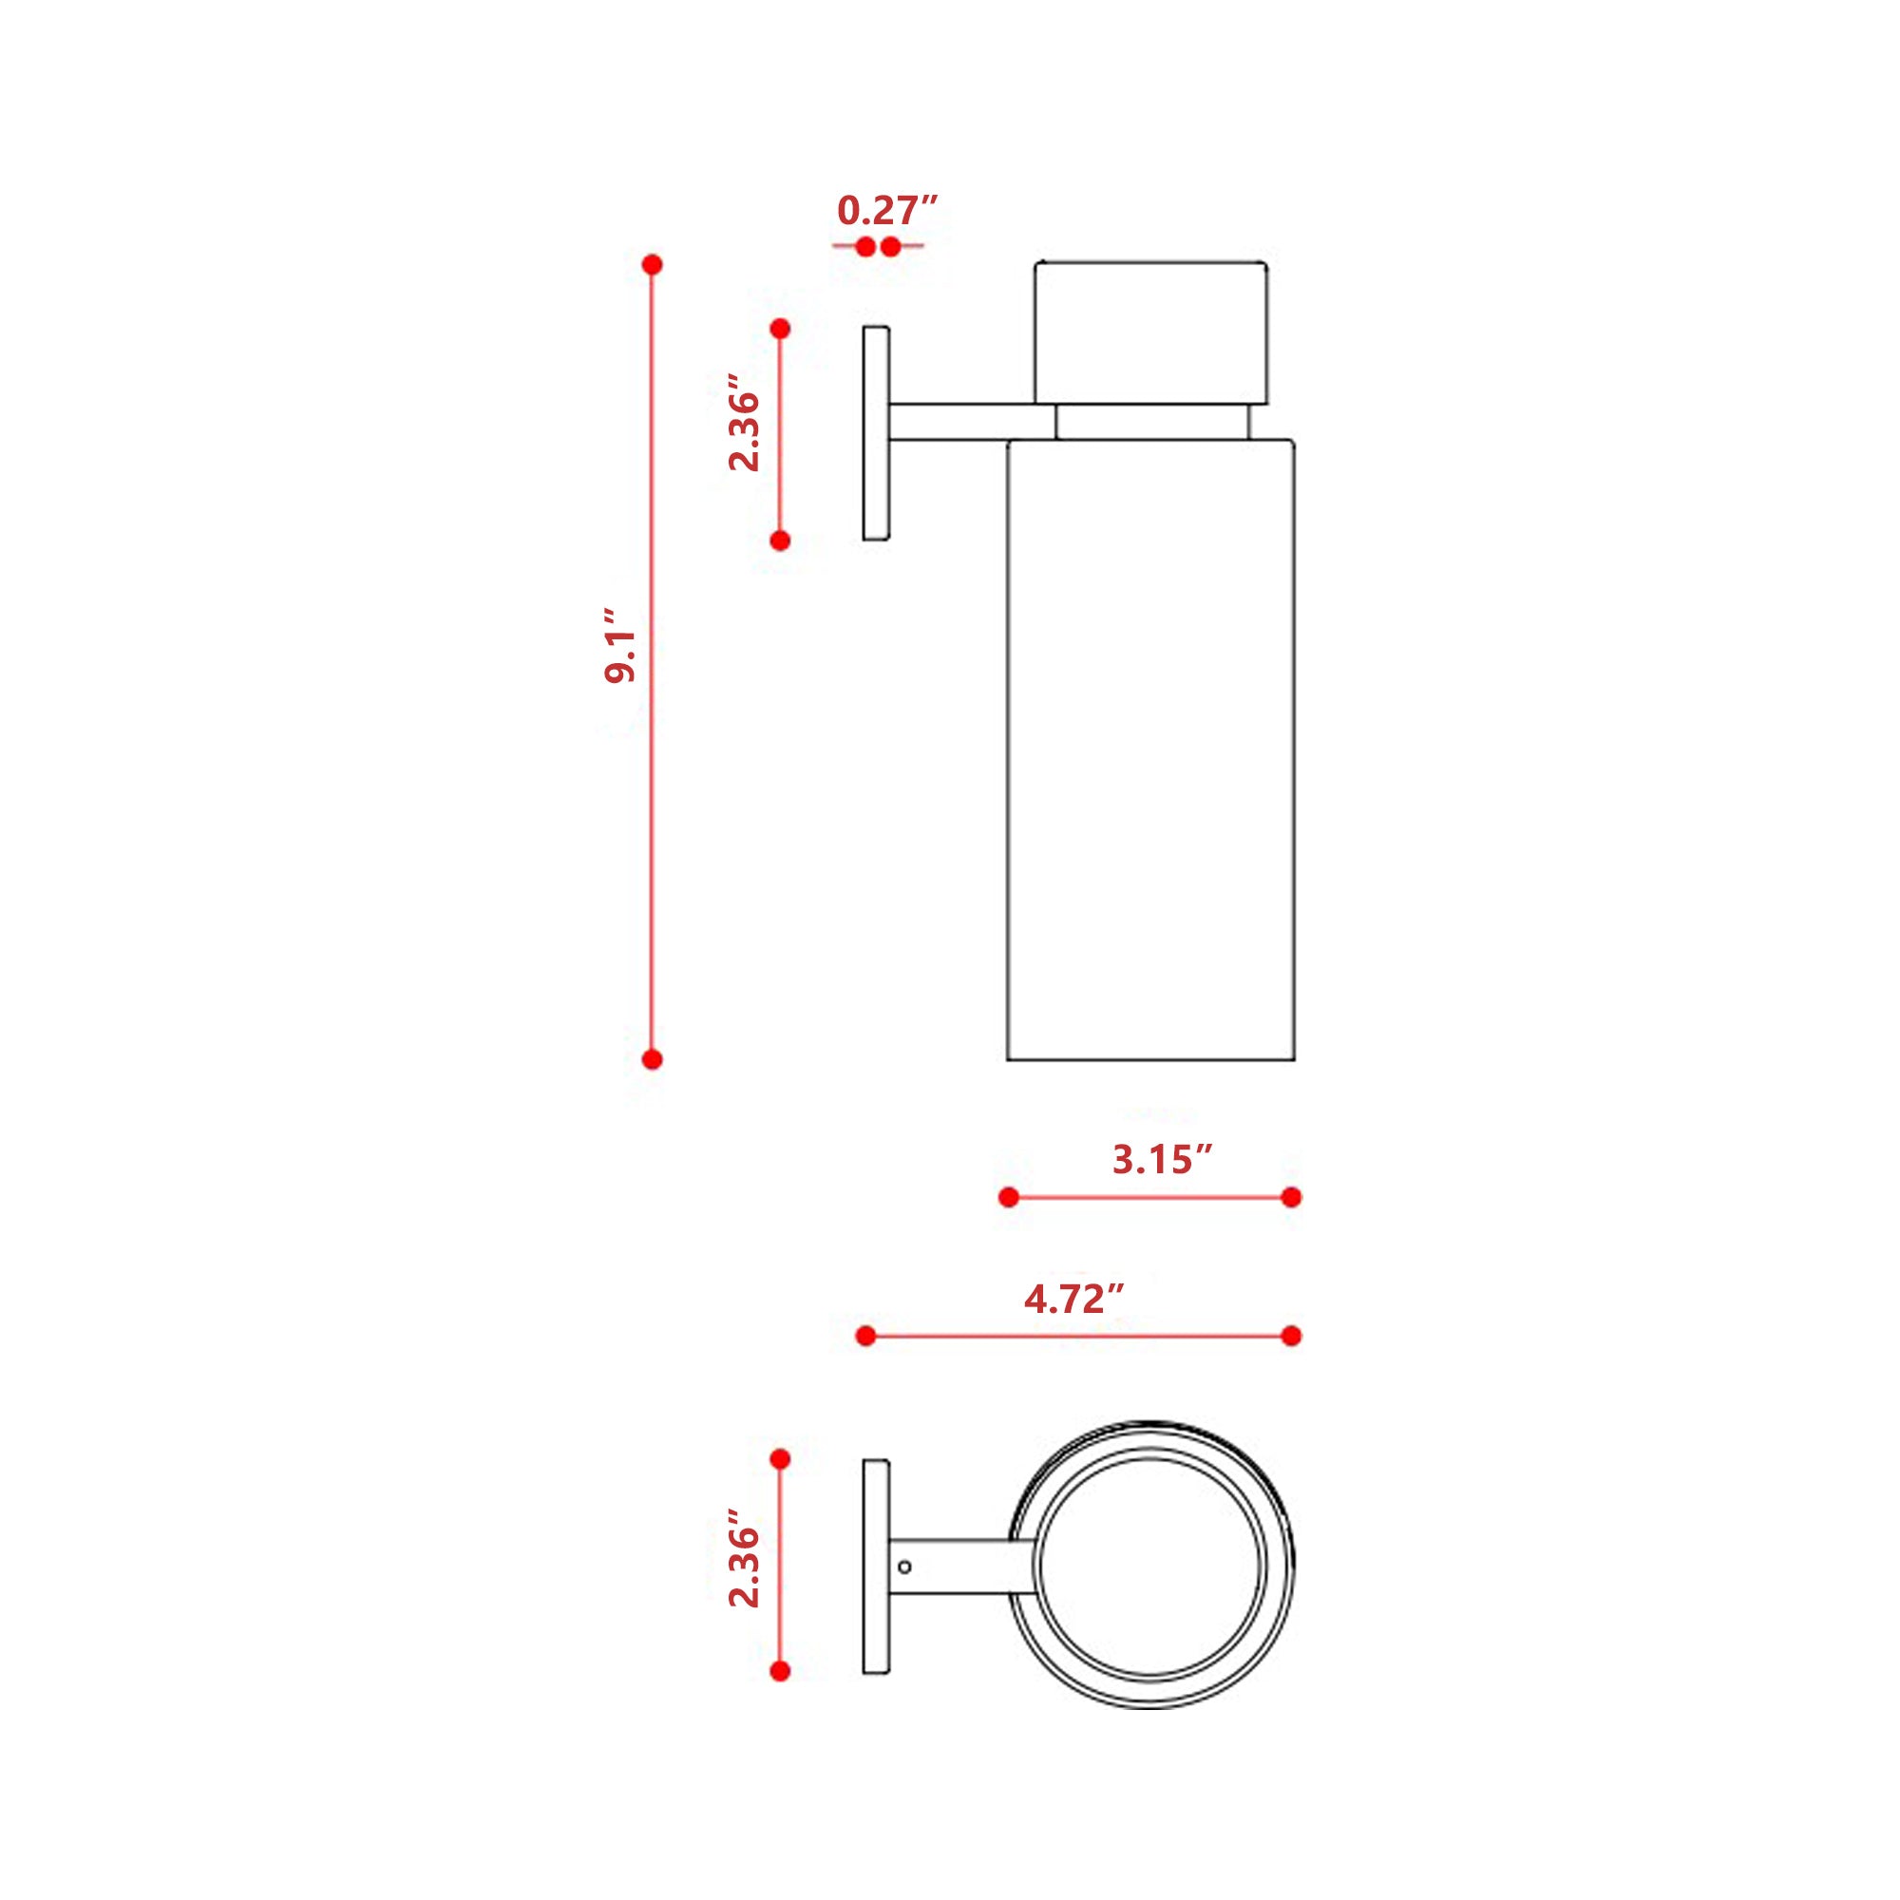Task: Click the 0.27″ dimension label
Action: [x=887, y=211]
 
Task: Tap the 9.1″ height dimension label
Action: [x=620, y=645]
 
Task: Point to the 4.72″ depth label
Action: [x=1073, y=1299]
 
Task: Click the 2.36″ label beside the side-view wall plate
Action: [x=745, y=422]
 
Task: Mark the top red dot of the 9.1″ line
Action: [x=651, y=264]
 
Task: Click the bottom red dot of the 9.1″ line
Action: [x=651, y=1059]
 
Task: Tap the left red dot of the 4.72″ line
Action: [x=865, y=1336]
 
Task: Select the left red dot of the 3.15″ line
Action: [x=1008, y=1197]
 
